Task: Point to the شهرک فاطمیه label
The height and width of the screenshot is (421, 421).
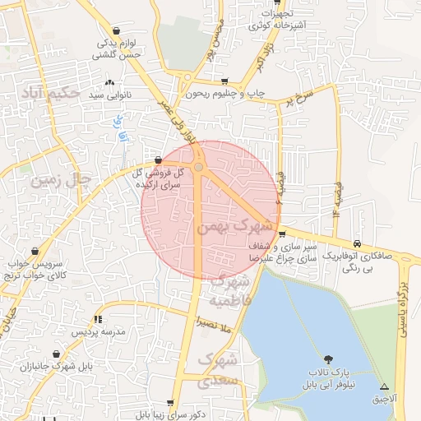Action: [230, 292]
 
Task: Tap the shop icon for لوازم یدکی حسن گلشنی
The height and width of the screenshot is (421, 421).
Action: [124, 25]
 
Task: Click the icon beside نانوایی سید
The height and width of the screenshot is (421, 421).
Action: [110, 82]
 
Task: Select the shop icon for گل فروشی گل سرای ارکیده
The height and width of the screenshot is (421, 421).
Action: [158, 160]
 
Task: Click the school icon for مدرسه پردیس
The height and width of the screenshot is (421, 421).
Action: [98, 318]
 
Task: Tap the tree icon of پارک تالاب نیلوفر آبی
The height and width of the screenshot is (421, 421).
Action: [328, 359]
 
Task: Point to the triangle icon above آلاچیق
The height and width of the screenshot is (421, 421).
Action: [384, 386]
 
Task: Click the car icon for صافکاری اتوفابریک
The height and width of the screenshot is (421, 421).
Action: [358, 243]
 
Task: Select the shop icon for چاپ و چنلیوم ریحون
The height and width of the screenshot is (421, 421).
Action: [225, 81]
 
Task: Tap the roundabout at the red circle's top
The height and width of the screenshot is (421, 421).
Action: [198, 168]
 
